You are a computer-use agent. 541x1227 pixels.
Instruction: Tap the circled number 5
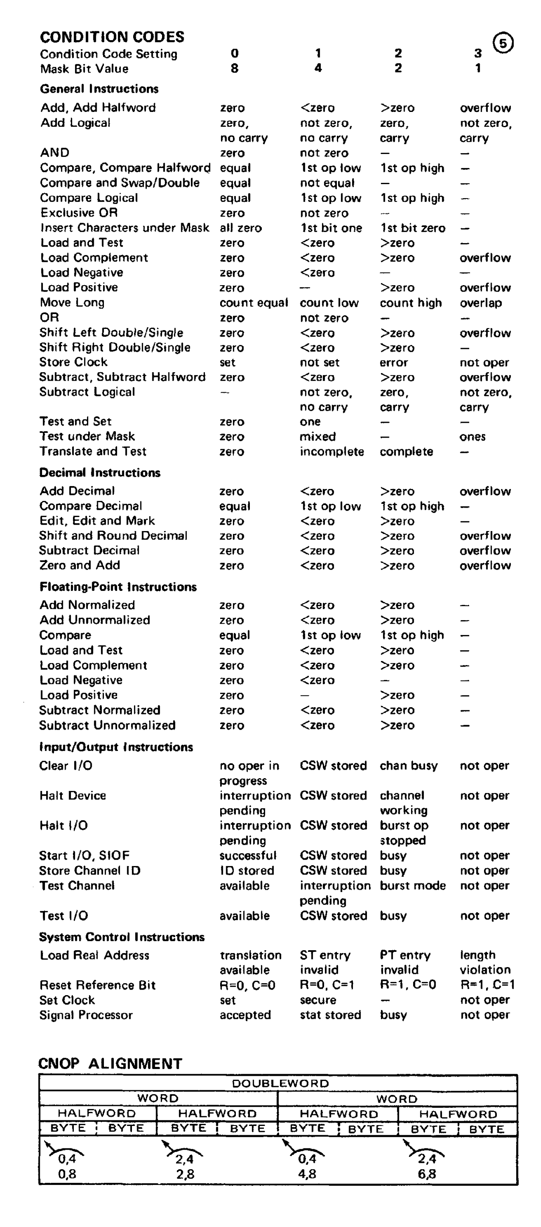(x=503, y=43)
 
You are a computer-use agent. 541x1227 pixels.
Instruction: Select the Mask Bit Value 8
(x=234, y=69)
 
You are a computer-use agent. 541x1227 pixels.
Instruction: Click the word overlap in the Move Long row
(x=480, y=303)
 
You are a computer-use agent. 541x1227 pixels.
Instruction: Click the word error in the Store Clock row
(x=393, y=363)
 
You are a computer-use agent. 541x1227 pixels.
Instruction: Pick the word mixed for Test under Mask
(x=318, y=436)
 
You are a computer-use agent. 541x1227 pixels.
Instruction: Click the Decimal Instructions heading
(x=100, y=473)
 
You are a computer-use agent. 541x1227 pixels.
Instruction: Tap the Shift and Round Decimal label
(x=113, y=535)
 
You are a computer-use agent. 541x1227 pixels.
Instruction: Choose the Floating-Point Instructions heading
(x=118, y=587)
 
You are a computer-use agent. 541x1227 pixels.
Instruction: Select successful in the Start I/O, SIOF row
(x=248, y=856)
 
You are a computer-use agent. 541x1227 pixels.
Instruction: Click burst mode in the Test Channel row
(x=412, y=886)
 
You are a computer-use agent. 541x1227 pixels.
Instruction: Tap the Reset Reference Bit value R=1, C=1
(x=487, y=985)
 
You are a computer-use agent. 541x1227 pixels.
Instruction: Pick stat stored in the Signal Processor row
(x=330, y=1015)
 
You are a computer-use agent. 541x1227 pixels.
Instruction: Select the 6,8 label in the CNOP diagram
(x=427, y=1174)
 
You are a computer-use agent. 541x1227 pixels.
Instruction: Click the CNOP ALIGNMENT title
(x=110, y=1064)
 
